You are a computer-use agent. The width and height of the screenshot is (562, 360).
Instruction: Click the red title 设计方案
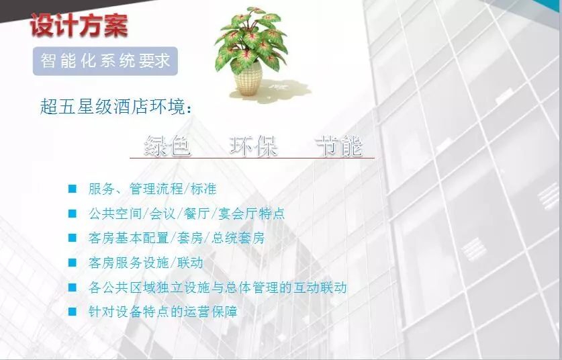79,25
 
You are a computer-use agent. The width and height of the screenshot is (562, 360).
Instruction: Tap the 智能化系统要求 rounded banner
105,61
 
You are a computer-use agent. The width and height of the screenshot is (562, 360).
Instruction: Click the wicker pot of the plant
248,78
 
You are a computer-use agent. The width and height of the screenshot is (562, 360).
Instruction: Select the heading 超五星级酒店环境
115,107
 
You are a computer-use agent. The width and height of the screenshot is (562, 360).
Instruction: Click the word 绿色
168,146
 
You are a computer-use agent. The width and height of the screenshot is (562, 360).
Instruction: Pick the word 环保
254,146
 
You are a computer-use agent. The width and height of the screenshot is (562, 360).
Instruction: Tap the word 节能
340,146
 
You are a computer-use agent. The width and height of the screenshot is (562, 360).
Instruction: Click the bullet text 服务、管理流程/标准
152,189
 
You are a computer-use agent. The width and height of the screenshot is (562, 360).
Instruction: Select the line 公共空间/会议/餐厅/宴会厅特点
187,214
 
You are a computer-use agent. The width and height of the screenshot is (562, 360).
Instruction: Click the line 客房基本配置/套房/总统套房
177,238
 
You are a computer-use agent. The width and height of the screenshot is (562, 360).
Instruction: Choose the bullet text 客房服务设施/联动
146,263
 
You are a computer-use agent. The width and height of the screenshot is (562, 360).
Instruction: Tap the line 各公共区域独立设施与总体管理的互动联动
218,287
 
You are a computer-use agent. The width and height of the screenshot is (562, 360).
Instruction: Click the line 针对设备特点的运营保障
162,312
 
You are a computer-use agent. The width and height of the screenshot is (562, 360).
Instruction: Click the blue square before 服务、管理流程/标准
73,189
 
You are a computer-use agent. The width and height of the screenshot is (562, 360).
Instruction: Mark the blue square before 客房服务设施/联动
73,263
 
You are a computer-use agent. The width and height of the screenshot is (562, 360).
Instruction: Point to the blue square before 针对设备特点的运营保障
73,312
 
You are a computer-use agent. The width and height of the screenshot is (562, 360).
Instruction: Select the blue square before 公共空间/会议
73,214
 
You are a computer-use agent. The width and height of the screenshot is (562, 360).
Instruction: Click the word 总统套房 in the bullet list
238,238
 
